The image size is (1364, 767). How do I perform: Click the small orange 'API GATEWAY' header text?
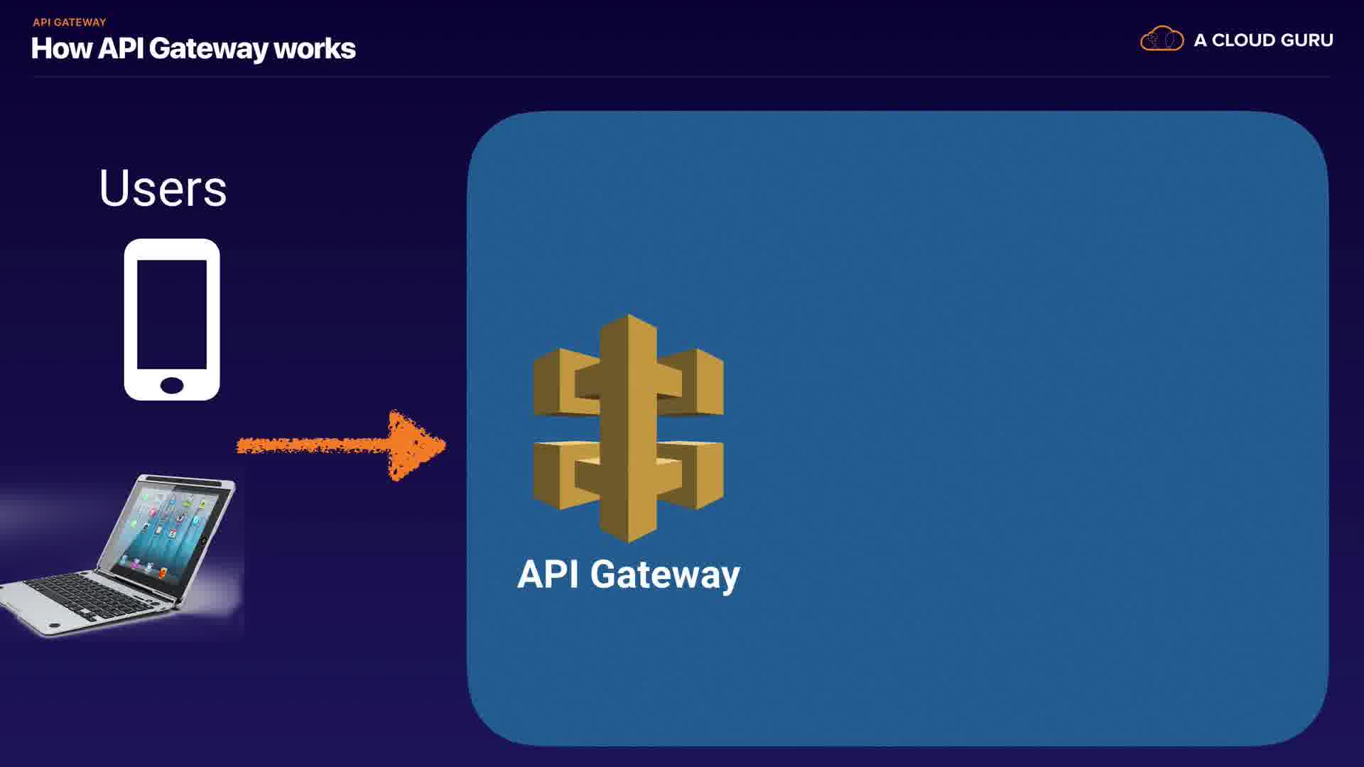[69, 22]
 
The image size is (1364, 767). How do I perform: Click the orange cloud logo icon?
[1162, 39]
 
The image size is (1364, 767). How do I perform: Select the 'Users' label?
[163, 188]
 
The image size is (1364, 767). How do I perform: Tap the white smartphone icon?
[172, 320]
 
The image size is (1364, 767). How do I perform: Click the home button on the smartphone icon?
[172, 385]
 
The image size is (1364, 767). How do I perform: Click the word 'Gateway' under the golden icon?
[665, 575]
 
